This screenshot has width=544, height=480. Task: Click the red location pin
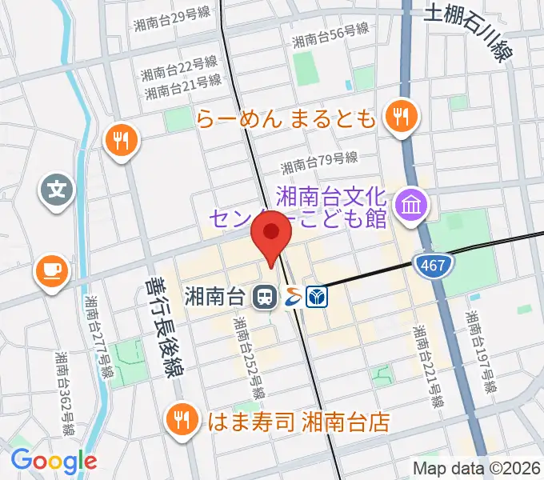click(x=271, y=236)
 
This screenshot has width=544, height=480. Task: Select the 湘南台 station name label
click(x=214, y=297)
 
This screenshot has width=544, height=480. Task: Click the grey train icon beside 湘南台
click(x=263, y=298)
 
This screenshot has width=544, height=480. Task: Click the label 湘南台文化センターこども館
click(x=331, y=206)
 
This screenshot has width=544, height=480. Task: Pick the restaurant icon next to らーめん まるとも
click(x=398, y=118)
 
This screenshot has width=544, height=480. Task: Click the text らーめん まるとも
click(x=286, y=120)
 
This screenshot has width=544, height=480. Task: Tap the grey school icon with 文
click(x=57, y=191)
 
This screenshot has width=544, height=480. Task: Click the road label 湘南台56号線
click(x=330, y=35)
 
